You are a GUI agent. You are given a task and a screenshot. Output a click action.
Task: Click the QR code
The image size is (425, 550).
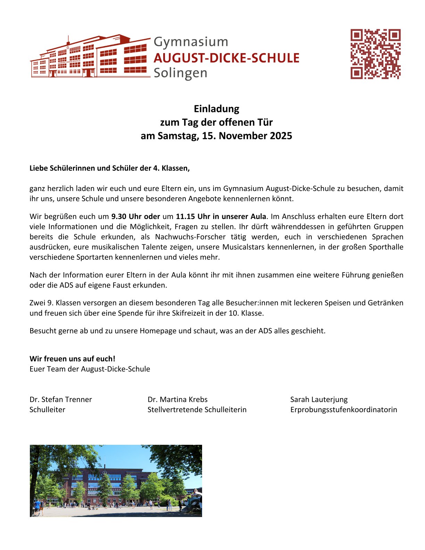(375, 54)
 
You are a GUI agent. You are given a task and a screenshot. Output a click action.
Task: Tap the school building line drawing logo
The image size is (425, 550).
(90, 57)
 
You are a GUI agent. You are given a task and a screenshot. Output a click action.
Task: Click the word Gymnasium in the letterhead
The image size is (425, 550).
(191, 42)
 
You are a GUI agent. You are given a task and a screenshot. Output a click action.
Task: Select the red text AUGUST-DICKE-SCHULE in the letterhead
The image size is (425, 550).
(226, 58)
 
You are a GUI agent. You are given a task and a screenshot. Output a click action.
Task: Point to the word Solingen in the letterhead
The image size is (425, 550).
(180, 73)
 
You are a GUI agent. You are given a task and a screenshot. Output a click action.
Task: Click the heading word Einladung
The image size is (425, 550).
(216, 109)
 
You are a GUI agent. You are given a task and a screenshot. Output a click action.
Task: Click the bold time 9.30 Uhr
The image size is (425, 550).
(126, 217)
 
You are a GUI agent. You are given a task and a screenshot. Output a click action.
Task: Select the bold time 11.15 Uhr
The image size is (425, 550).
(191, 217)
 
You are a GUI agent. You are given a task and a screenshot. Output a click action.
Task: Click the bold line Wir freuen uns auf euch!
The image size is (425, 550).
(72, 359)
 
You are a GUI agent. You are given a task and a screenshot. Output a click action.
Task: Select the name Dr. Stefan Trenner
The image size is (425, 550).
(61, 400)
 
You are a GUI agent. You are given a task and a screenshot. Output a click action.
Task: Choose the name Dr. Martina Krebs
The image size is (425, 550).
(177, 400)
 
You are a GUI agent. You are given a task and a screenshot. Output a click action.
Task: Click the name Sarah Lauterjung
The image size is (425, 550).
(319, 400)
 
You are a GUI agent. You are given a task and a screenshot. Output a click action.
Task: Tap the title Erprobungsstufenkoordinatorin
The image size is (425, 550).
(343, 410)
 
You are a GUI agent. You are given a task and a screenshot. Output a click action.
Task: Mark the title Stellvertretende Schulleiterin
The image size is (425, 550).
(197, 410)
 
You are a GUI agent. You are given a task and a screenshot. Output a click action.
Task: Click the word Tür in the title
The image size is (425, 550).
(265, 122)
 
